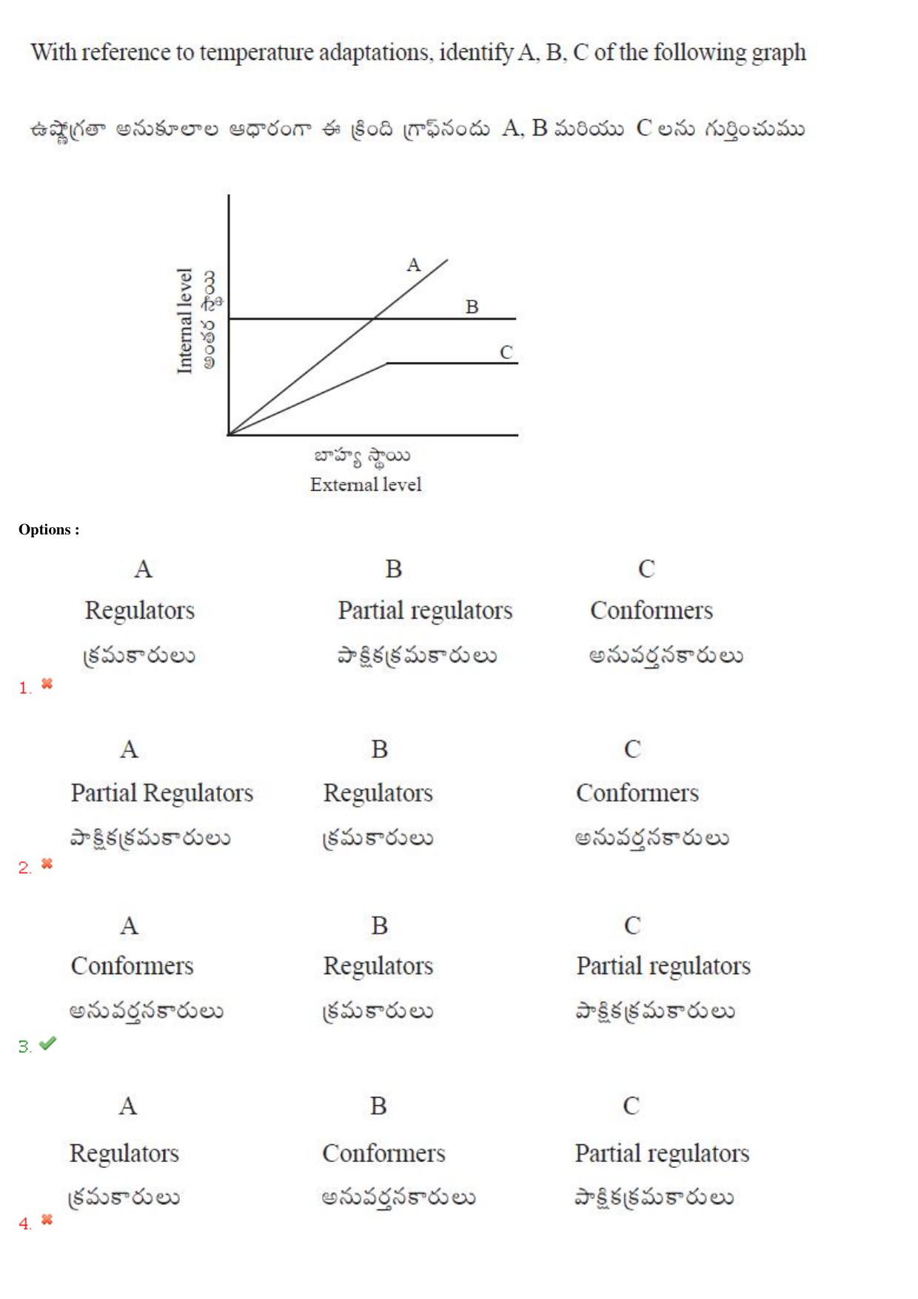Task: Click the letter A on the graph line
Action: coord(413,265)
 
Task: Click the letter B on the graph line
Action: coord(472,306)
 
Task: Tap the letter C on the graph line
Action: coord(506,352)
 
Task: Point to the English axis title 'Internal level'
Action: coord(184,320)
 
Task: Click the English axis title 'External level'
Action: coord(366,484)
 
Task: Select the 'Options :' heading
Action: coord(49,529)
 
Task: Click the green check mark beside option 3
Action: coord(47,1043)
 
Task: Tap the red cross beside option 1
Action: coord(47,683)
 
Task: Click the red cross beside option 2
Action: coord(47,863)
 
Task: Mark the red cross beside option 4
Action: coord(47,1218)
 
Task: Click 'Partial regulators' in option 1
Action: coord(425,611)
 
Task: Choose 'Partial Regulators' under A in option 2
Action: coord(162,793)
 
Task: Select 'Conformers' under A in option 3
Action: coord(132,966)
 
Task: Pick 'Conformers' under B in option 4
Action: coord(383,1153)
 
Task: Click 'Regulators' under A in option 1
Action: coord(140,611)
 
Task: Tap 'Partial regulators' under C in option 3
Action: coord(663,967)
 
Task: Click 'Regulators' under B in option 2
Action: coord(378,793)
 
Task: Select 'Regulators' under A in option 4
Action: coord(124,1154)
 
